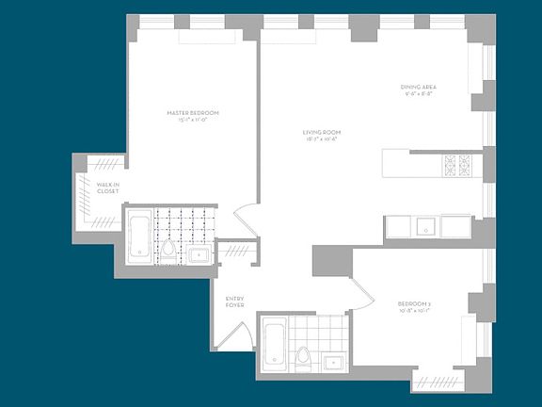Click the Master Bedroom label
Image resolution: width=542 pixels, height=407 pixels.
192,112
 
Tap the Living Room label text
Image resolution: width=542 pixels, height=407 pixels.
320,131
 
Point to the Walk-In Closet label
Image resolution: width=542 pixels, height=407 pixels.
106,187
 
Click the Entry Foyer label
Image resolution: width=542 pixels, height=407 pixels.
235,302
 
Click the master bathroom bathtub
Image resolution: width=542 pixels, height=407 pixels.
137,237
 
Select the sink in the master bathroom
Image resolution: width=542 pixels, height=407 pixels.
199,253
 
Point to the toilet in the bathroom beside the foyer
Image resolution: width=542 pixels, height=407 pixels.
304,359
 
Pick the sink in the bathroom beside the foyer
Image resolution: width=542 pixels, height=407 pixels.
335,361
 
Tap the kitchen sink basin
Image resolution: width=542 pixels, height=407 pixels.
425,226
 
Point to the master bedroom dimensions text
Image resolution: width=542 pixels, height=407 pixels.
192,120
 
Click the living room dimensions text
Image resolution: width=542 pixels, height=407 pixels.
320,138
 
